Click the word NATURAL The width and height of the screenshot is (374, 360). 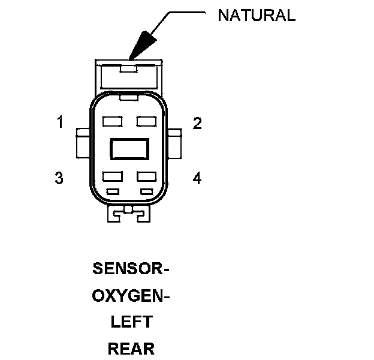pyautogui.click(x=256, y=16)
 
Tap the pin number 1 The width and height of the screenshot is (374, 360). pyautogui.click(x=60, y=123)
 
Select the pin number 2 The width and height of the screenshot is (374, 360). pyautogui.click(x=197, y=124)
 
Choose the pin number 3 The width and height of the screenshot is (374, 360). pyautogui.click(x=59, y=178)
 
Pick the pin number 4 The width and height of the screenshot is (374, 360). pyautogui.click(x=197, y=178)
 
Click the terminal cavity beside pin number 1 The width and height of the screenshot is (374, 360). pyautogui.click(x=112, y=122)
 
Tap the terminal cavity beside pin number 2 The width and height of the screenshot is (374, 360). pyautogui.click(x=146, y=122)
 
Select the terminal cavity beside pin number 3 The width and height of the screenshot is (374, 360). pyautogui.click(x=112, y=176)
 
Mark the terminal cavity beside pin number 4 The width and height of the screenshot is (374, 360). pyautogui.click(x=146, y=176)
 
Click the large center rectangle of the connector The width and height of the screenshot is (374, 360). pyautogui.click(x=129, y=149)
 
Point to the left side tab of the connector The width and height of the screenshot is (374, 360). pyautogui.click(x=82, y=143)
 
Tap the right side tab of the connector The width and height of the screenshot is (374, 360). pyautogui.click(x=176, y=143)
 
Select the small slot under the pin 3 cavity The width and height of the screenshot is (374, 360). pyautogui.click(x=112, y=191)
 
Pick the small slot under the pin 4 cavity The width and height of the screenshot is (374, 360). pyautogui.click(x=146, y=191)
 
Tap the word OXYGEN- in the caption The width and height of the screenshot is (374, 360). pyautogui.click(x=131, y=296)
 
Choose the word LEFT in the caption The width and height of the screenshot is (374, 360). pyautogui.click(x=131, y=322)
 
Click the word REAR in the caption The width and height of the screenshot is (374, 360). pyautogui.click(x=131, y=349)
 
